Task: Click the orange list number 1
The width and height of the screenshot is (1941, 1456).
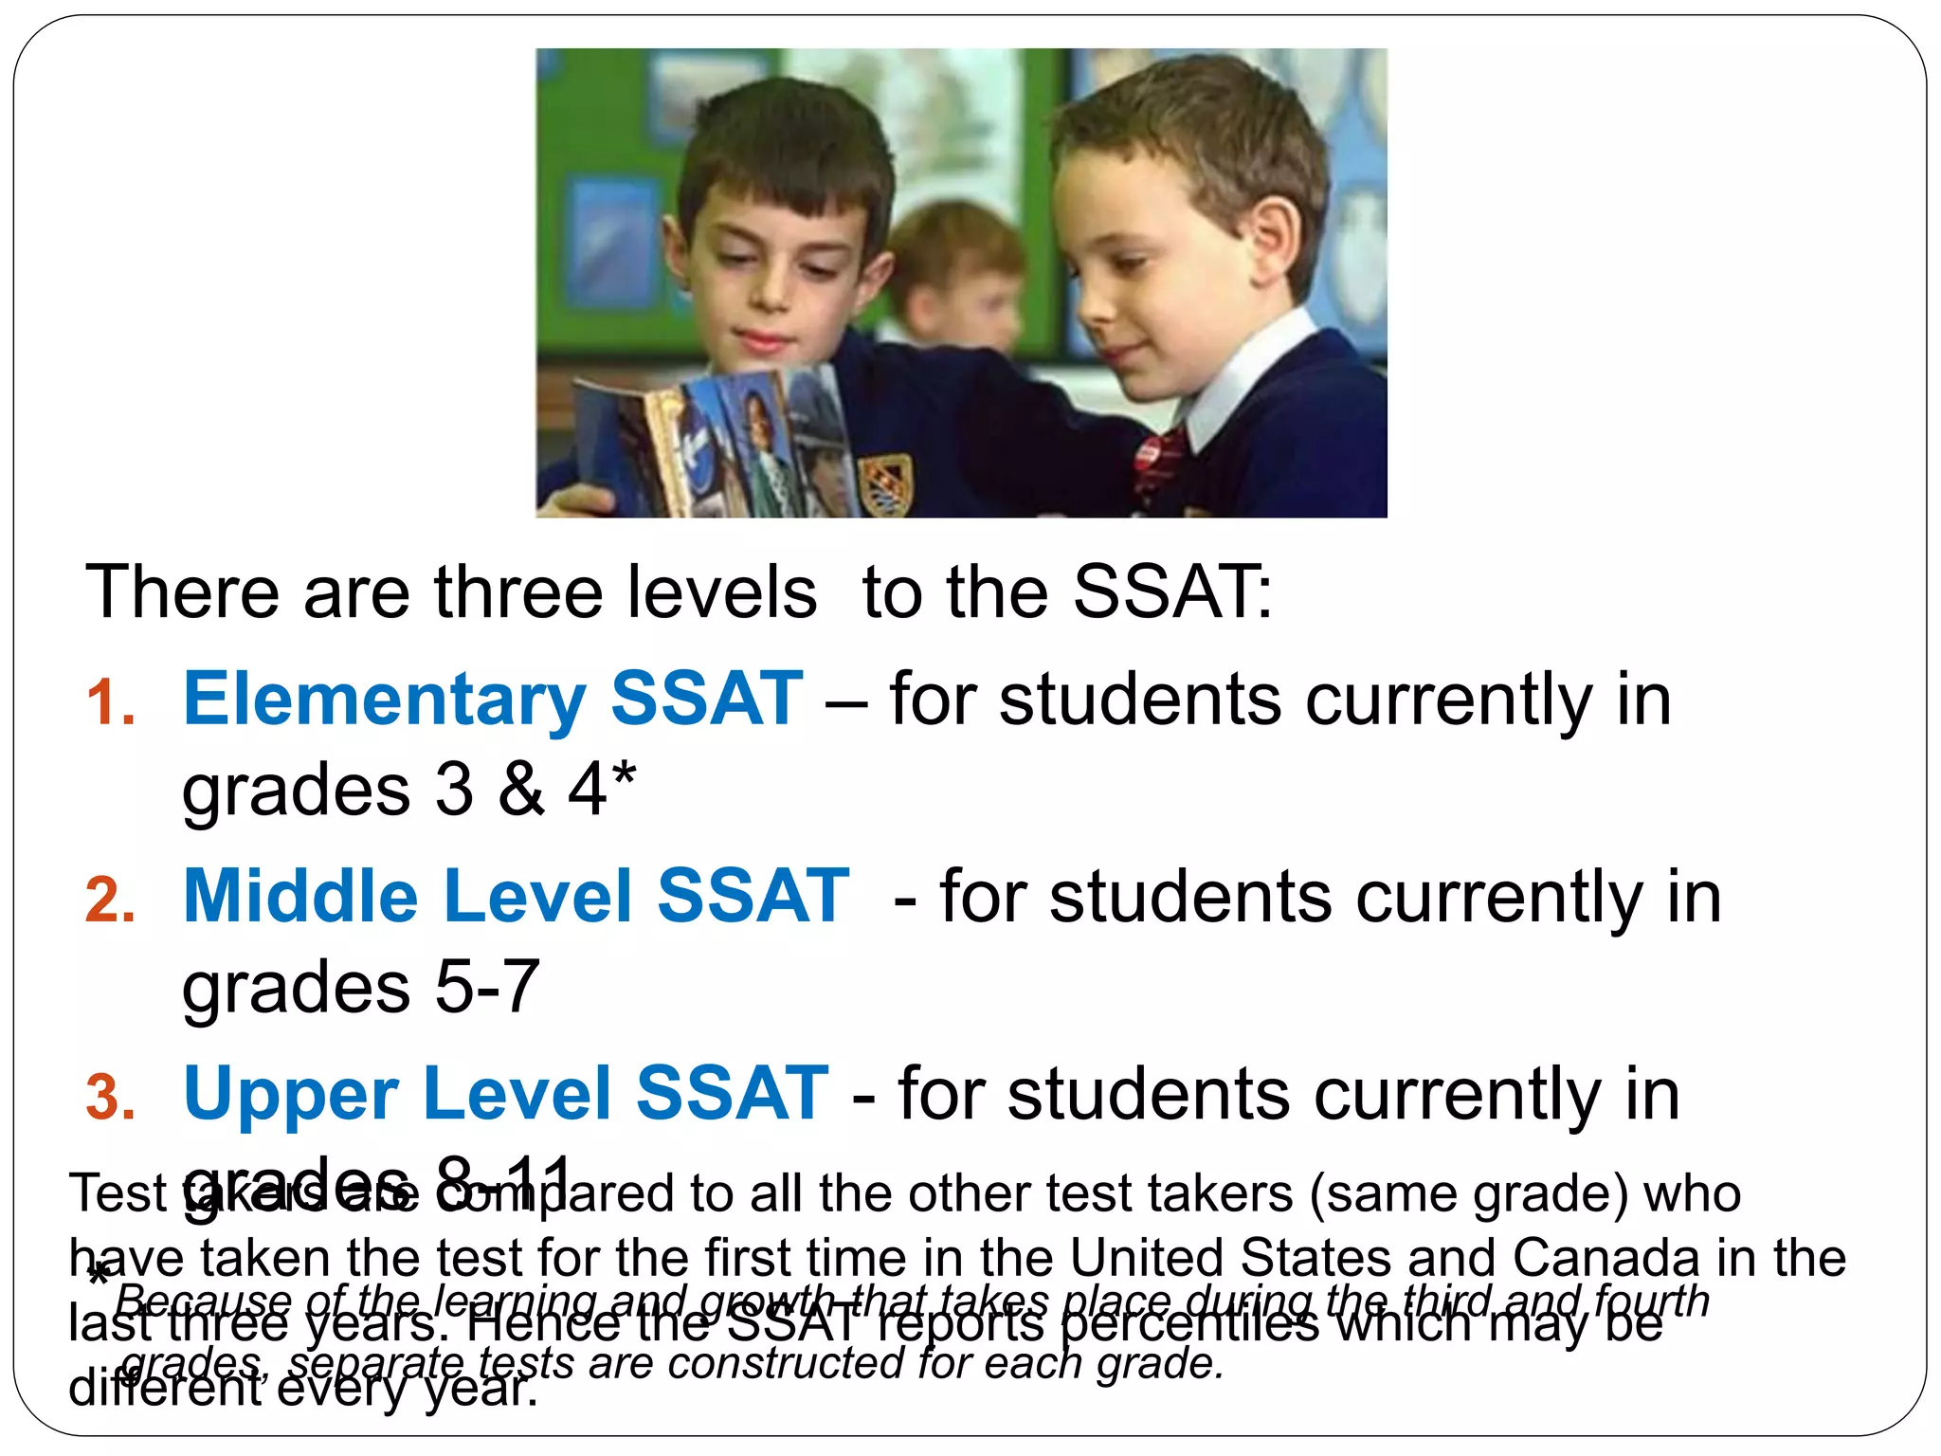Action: pyautogui.click(x=110, y=704)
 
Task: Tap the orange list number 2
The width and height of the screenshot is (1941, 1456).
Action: pyautogui.click(x=110, y=901)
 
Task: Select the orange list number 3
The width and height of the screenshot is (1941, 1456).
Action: pyautogui.click(x=110, y=1098)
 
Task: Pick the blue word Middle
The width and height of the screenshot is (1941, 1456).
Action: pyautogui.click(x=300, y=897)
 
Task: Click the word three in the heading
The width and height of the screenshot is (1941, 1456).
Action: pyautogui.click(x=518, y=592)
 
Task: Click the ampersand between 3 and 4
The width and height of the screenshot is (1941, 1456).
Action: pyautogui.click(x=521, y=790)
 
